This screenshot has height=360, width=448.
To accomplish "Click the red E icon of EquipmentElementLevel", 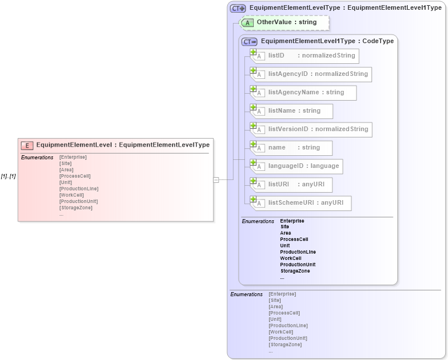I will [x=27, y=145].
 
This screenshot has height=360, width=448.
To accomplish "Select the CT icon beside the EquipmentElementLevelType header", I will [x=238, y=9].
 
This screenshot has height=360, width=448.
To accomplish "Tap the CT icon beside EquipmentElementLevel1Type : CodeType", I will [x=250, y=41].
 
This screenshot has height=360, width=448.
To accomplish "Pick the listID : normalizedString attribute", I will [x=305, y=56].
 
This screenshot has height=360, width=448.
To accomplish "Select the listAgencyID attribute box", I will [x=311, y=74].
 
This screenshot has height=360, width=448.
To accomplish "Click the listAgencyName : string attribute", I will [x=304, y=93].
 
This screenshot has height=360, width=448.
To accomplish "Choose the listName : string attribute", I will [x=292, y=111].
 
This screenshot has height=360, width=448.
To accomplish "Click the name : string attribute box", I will [x=292, y=148].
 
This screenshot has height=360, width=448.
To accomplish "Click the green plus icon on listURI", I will [x=253, y=181].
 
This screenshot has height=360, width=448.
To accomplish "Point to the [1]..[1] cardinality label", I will [x=8, y=176].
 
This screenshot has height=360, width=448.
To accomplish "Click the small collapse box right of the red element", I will [x=216, y=179].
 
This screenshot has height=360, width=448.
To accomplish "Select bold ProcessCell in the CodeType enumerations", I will [x=294, y=239].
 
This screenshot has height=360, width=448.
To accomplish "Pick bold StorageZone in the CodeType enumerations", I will [x=295, y=271].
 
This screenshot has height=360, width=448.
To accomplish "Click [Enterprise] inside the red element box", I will [x=73, y=157].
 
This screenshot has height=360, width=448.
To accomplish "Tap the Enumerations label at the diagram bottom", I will [x=246, y=294].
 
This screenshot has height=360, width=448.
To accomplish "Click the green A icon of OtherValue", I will [x=247, y=22].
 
